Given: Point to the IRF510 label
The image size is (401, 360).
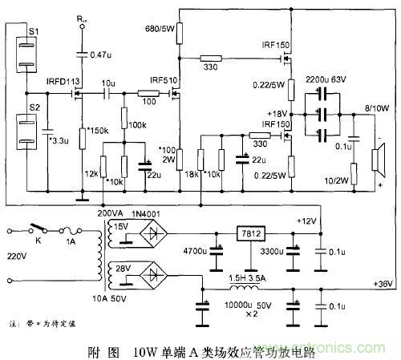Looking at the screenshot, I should click(163, 80).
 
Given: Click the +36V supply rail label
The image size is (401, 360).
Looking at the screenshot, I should click(384, 284).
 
